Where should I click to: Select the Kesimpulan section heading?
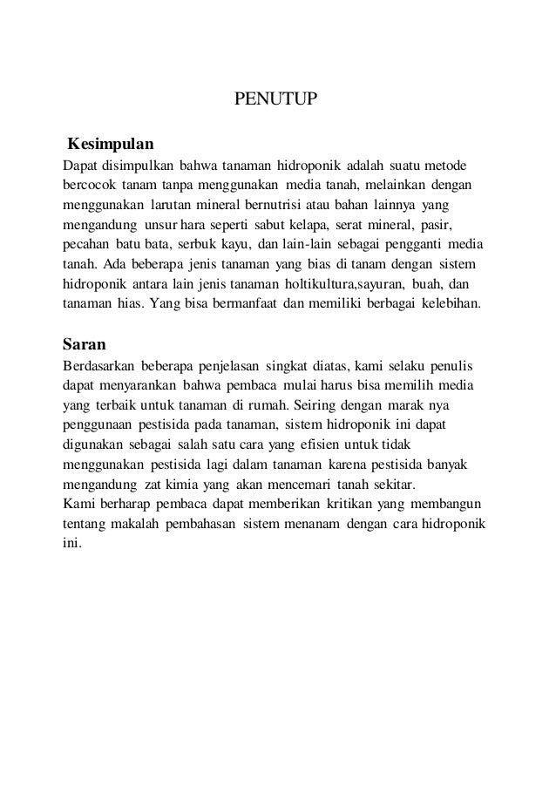click(111, 141)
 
